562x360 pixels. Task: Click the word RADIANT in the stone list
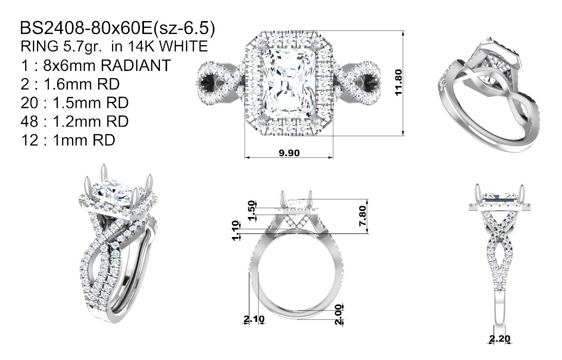[x=135, y=65]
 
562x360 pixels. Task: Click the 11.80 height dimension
[x=398, y=83]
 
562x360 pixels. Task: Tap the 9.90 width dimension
[x=289, y=153]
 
